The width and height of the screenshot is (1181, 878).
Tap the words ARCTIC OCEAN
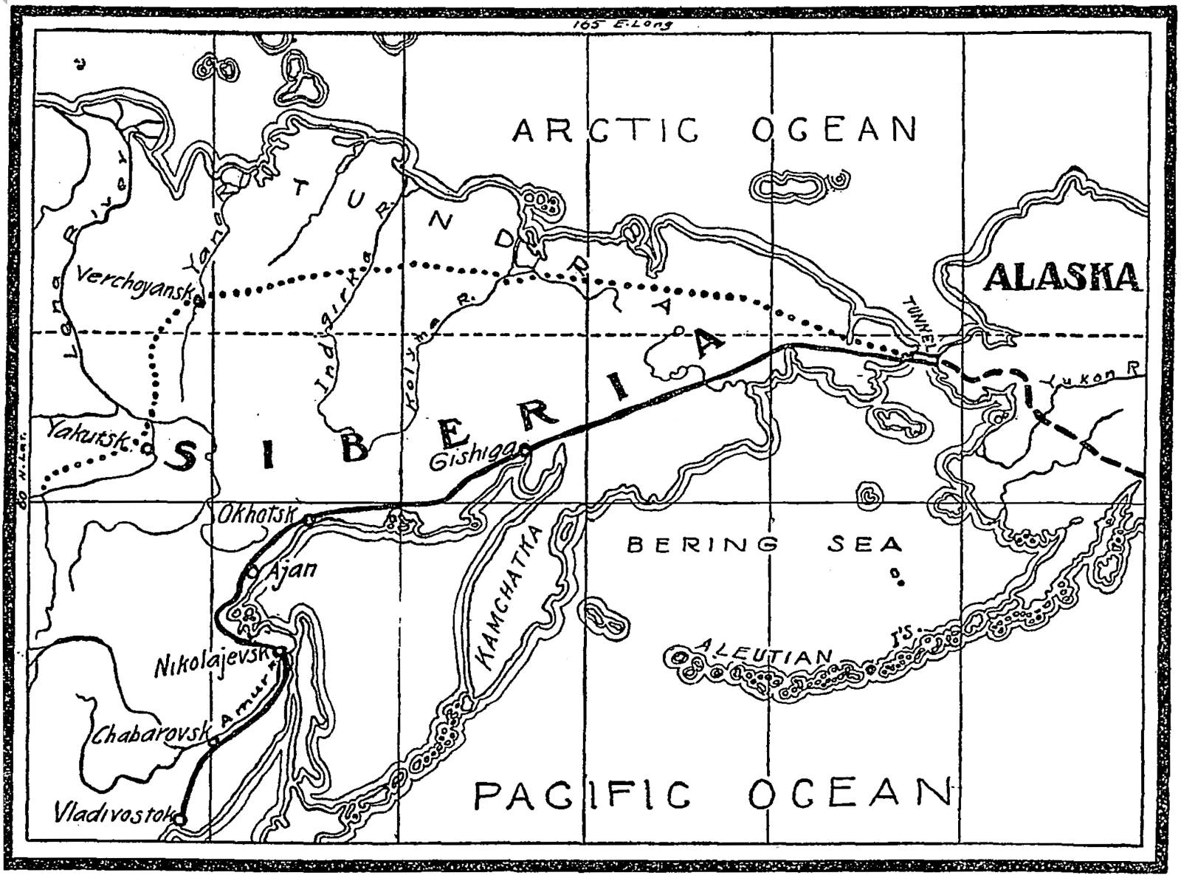pos(715,131)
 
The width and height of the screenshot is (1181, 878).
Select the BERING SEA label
pos(764,546)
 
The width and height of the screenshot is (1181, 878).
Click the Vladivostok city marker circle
pos(180,818)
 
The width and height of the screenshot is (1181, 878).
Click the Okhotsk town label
pos(257,515)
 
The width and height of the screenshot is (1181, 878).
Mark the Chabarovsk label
pos(151,733)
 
